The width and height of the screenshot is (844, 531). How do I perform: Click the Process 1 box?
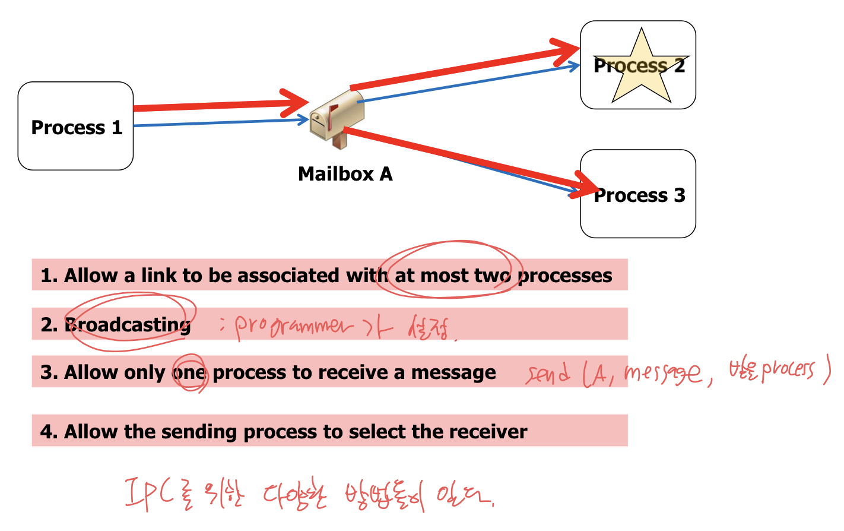[x=75, y=127]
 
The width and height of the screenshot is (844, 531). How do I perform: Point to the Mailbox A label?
[x=345, y=174]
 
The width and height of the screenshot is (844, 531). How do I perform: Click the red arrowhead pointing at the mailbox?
[x=297, y=103]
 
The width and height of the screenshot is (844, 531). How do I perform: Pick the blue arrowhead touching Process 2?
[x=574, y=66]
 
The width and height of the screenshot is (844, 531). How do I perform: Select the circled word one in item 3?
[x=190, y=372]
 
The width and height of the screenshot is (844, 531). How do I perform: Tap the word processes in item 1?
[x=566, y=276]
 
